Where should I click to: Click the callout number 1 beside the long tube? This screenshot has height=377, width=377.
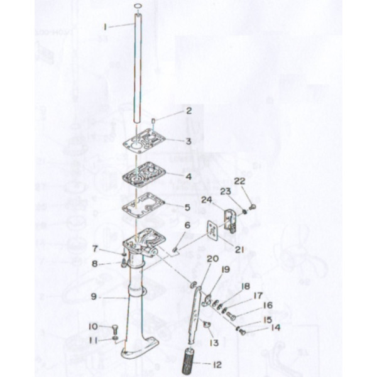pos(105,26)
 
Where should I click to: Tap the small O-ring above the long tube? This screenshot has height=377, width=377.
pos(138,6)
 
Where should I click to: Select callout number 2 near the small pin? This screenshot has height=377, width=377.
pos(189,111)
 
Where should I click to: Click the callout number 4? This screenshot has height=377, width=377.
pos(188,177)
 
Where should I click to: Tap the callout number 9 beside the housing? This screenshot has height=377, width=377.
pos(94,297)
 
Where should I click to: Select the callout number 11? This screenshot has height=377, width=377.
pos(94,341)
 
